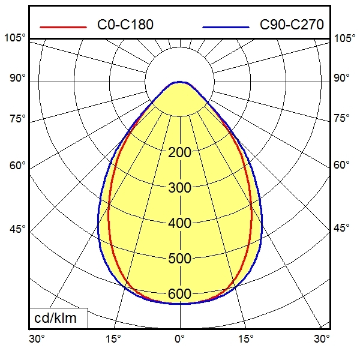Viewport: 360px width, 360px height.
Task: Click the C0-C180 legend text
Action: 125,25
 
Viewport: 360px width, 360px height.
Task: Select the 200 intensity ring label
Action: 180,152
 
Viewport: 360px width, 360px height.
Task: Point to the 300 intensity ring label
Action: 180,188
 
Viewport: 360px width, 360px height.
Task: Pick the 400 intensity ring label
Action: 180,223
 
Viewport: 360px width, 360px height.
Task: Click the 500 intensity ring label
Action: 180,259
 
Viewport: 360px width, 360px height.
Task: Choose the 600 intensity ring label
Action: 180,294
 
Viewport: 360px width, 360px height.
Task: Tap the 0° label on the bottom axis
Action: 179,339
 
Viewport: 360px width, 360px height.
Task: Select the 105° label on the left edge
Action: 15,38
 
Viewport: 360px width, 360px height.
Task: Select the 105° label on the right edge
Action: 344,38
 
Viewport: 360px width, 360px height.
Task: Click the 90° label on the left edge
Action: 17,78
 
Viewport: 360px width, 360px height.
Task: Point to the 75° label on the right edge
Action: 342,118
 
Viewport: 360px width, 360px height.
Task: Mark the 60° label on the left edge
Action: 17,166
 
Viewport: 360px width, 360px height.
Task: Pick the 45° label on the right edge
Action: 342,229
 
